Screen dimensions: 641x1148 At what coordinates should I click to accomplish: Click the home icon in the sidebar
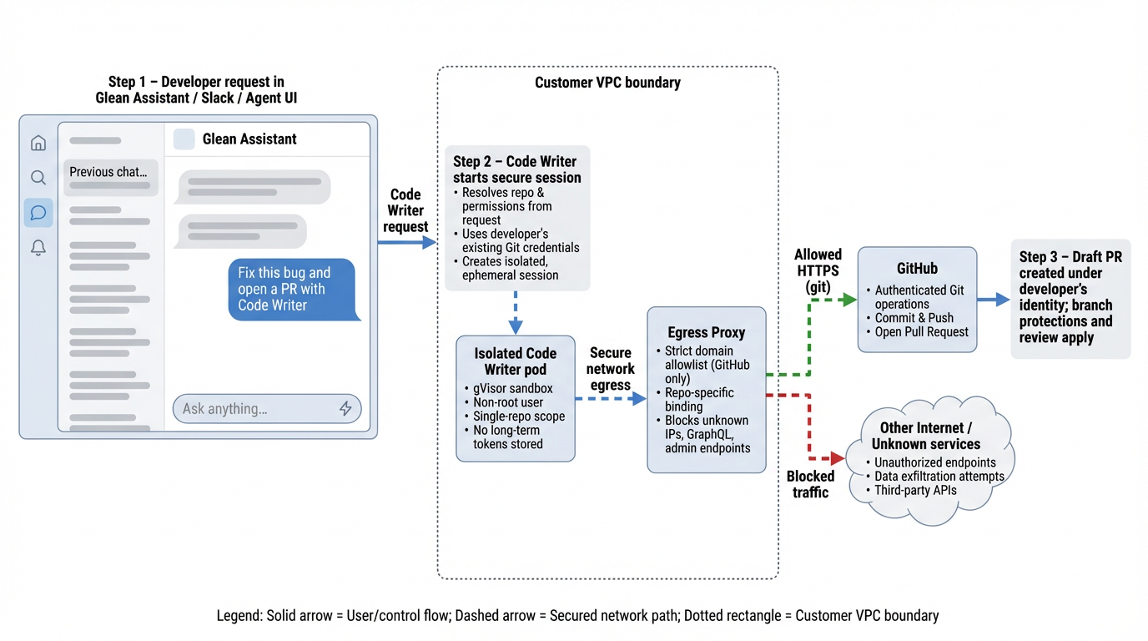click(38, 143)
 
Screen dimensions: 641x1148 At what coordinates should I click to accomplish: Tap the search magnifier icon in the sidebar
click(38, 178)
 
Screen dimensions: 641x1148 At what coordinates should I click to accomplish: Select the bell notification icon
click(38, 248)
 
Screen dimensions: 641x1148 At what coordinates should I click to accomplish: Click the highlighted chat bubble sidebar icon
click(38, 213)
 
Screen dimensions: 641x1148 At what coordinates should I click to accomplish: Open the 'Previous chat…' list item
click(109, 172)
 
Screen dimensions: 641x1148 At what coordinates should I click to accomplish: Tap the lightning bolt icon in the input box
click(345, 408)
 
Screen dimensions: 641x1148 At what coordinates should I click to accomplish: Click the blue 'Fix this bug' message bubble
click(291, 289)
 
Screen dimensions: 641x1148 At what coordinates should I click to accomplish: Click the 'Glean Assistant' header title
click(249, 139)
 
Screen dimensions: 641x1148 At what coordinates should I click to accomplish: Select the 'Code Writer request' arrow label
click(405, 210)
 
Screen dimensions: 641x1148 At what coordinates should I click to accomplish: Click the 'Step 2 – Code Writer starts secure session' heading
click(516, 169)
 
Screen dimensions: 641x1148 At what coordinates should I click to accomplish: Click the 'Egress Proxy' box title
click(706, 332)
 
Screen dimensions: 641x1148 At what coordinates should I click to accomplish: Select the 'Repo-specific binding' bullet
click(699, 399)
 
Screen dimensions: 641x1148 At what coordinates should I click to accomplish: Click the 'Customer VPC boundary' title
click(607, 83)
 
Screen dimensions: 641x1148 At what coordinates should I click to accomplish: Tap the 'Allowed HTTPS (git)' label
click(818, 270)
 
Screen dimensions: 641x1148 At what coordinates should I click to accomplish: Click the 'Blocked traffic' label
click(810, 484)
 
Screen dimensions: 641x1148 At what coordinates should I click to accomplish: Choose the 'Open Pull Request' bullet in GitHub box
click(921, 331)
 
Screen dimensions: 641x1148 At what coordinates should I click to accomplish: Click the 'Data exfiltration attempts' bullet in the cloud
click(939, 477)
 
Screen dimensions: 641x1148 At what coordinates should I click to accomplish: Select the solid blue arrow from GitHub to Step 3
click(993, 299)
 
